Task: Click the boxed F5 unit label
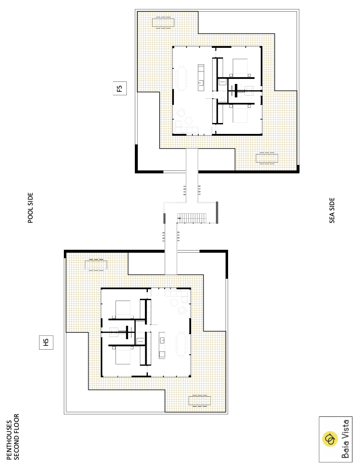pos(120,88)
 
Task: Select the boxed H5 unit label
pos(46,343)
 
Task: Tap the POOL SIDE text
pos(30,208)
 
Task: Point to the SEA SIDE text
pos(332,210)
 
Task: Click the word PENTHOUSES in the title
pos(9,440)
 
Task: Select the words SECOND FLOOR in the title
pos(16,437)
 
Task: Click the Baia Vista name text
pos(345,439)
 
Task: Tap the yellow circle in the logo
pos(330,439)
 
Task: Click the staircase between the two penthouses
pos(192,218)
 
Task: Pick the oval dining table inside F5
pos(182,78)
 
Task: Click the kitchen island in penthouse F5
pos(201,78)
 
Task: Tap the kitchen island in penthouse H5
pos(162,345)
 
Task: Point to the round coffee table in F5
pos(189,120)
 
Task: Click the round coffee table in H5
pos(174,303)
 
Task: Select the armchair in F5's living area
pos(181,113)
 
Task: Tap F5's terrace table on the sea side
pos(267,158)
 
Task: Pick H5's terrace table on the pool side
pos(96,265)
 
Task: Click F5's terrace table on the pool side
pos(163,23)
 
